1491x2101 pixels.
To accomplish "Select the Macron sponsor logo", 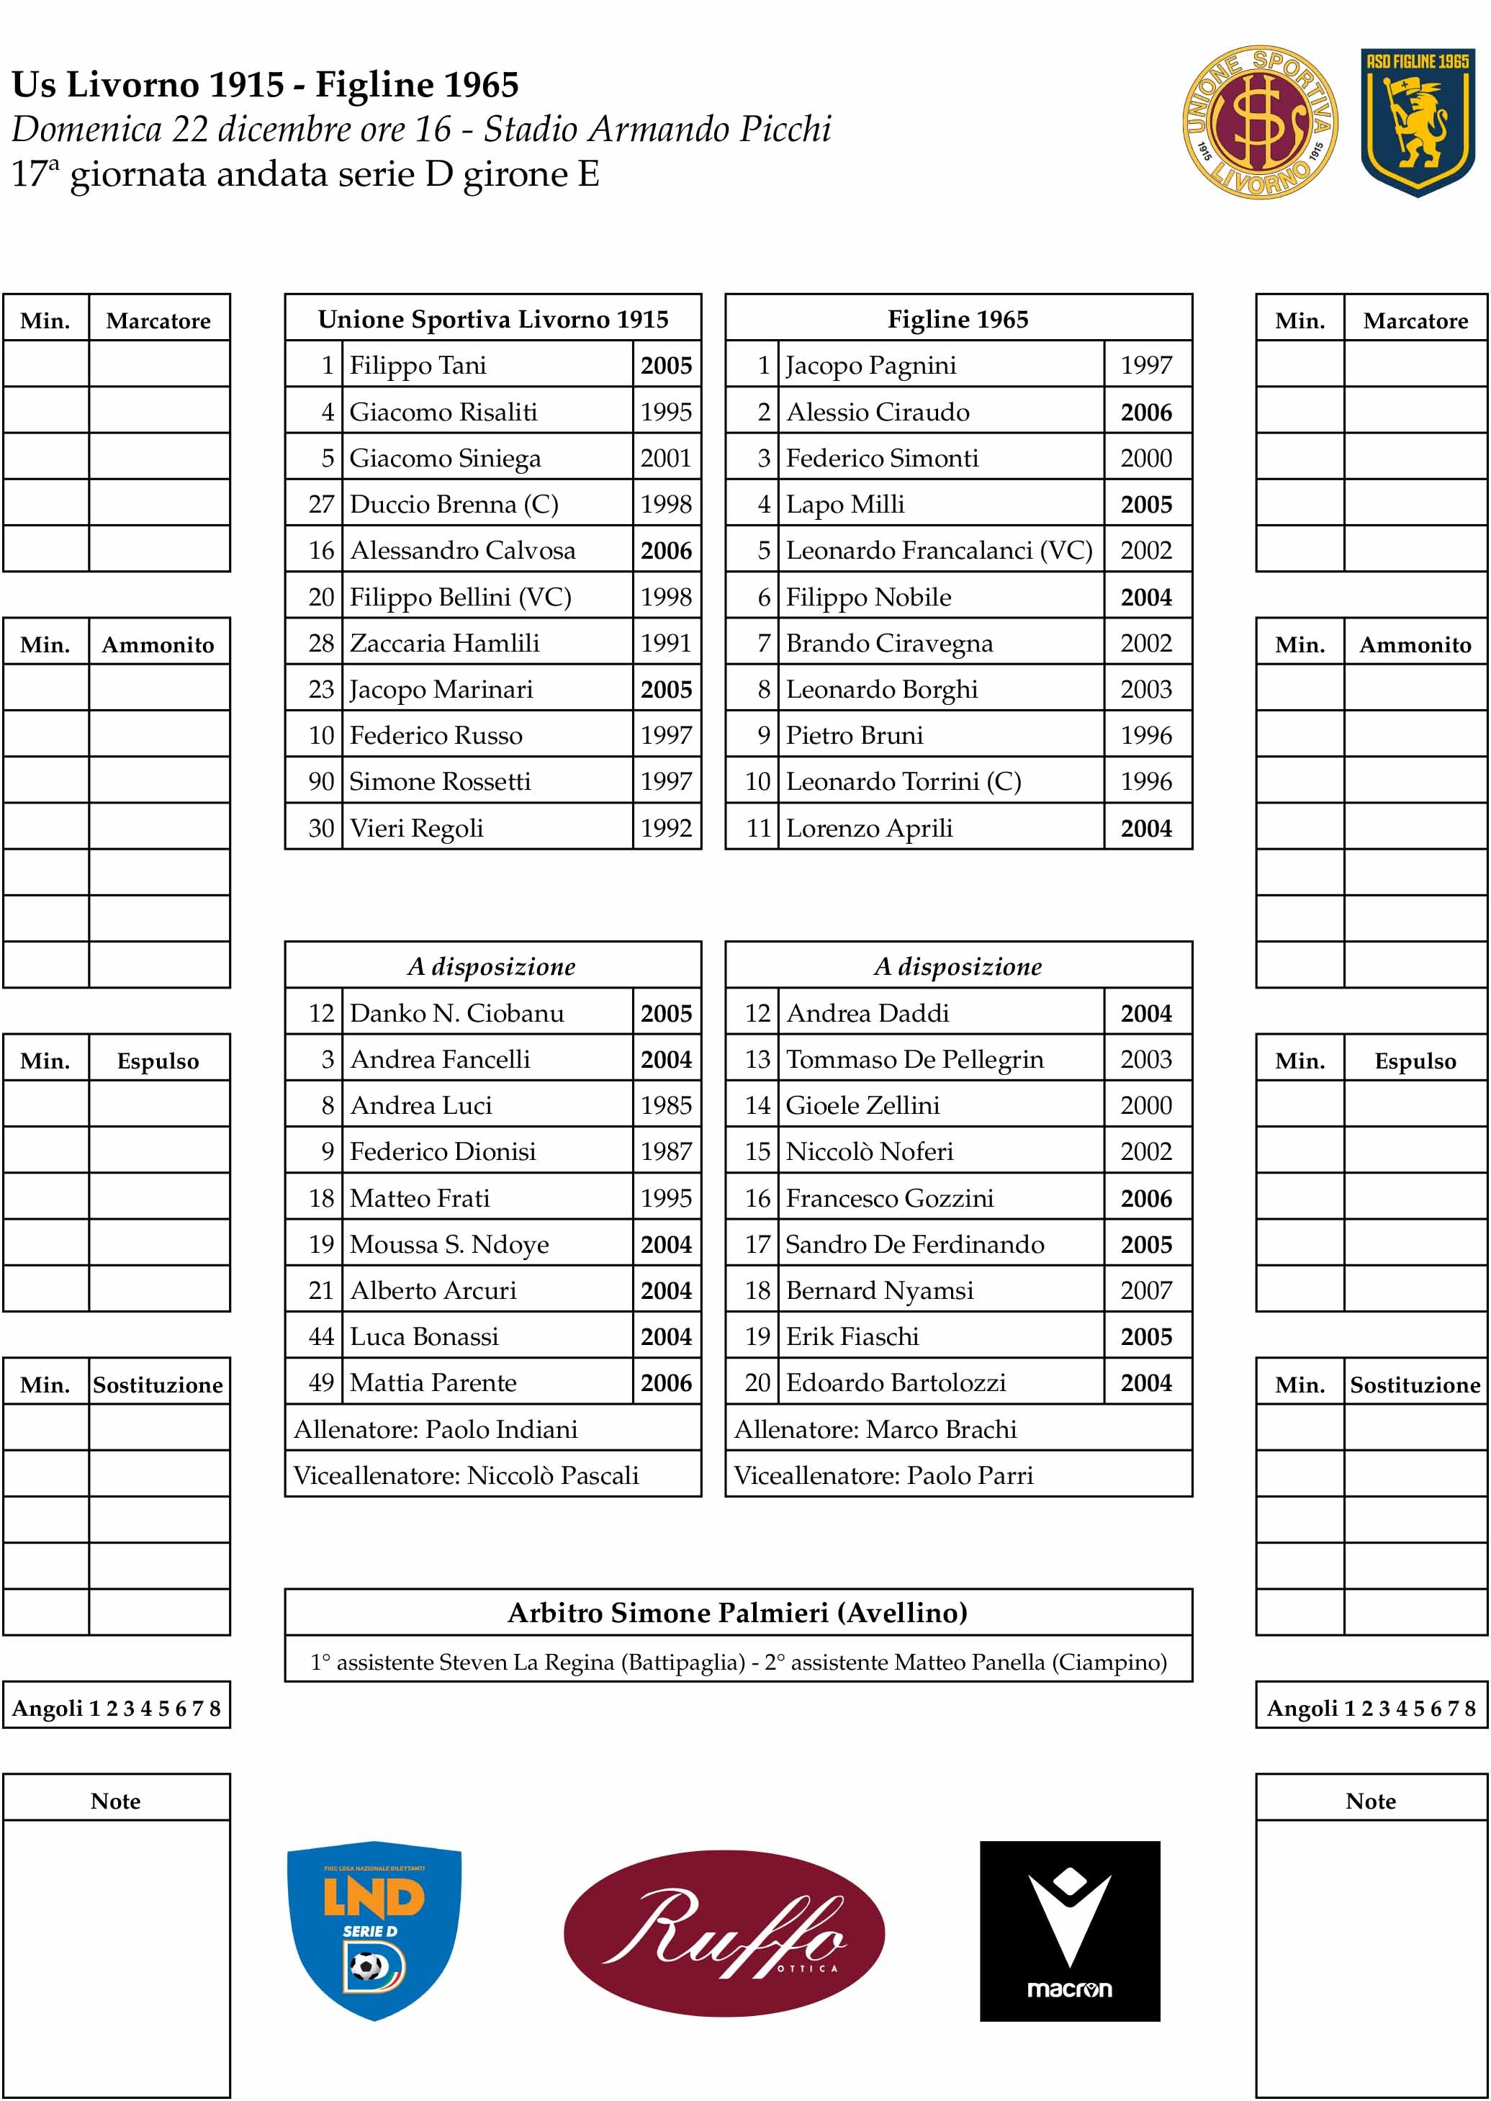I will coord(1070,1930).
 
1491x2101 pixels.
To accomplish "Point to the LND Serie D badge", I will coord(374,1930).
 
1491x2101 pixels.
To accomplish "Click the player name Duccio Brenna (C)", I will coord(454,504).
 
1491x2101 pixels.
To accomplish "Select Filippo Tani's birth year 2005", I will coord(666,366).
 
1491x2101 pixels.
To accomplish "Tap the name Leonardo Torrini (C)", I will coord(904,781).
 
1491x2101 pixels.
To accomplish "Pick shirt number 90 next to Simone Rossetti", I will coord(320,781).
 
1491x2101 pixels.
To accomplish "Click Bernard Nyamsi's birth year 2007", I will coord(1146,1290).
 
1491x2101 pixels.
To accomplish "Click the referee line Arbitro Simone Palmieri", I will coord(737,1613).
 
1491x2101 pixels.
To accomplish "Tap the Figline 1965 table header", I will coord(958,319).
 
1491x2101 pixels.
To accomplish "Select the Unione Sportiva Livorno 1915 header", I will coord(493,319).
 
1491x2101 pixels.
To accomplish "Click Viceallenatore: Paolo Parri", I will coord(883,1475).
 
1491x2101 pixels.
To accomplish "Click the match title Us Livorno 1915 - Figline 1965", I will coord(266,84).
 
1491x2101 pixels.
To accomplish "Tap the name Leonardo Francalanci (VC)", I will coord(938,550).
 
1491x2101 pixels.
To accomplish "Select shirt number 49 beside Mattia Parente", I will coord(320,1382).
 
